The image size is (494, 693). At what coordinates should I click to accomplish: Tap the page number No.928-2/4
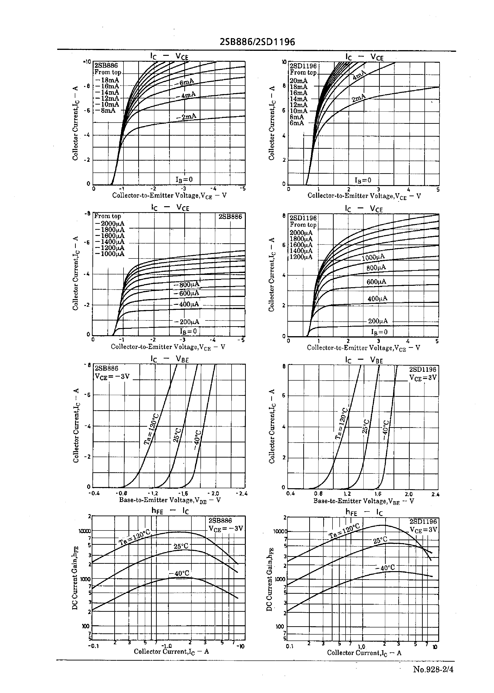pos(433,669)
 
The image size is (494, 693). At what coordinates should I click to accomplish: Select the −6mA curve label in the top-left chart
pos(184,82)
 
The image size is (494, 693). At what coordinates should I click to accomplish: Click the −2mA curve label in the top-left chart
pos(186,117)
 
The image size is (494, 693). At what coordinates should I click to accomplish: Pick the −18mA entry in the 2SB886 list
pos(107,80)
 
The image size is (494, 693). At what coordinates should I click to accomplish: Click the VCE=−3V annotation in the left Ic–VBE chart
pos(112,377)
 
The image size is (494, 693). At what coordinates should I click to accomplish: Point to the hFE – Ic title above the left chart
pos(170,511)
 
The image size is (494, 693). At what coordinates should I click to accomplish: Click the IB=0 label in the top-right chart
pos(363,180)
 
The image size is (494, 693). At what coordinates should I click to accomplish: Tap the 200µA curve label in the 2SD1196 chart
pos(378,321)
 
